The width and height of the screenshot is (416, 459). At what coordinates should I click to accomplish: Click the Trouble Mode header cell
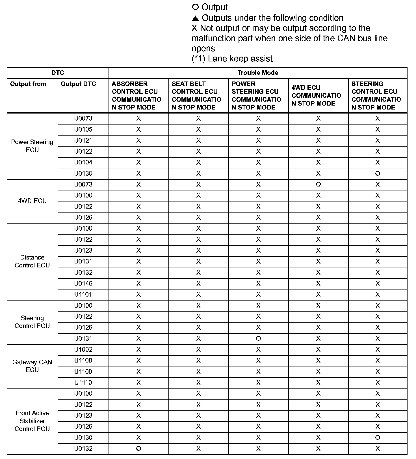point(258,73)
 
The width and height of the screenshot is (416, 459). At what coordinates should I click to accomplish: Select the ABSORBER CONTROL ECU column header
point(136,95)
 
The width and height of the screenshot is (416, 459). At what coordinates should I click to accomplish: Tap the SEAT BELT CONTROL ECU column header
point(196,95)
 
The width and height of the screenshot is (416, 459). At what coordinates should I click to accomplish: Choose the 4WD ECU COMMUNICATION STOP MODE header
point(316,95)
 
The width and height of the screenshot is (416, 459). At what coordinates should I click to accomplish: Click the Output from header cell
point(28,84)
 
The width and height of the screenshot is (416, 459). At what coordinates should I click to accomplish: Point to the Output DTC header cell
point(78,84)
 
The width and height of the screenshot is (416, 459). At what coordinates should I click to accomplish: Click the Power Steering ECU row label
point(32,146)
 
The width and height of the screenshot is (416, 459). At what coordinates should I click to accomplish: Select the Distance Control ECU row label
point(32,261)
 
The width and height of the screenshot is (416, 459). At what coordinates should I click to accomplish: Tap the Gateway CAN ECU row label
point(32,366)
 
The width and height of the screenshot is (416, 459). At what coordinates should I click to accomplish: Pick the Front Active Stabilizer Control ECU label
point(32,421)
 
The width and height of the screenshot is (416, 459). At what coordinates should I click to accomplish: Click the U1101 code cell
point(83,294)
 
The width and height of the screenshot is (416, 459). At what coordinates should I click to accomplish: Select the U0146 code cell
point(83,283)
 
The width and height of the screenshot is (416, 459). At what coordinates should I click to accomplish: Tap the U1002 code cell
point(83,349)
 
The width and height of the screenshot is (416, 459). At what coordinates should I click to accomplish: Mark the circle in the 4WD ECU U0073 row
point(318,185)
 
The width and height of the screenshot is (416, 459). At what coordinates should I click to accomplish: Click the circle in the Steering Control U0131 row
point(258,338)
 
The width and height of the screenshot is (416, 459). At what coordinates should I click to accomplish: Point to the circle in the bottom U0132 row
point(138,449)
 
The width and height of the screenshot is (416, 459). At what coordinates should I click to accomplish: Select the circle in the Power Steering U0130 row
point(378,173)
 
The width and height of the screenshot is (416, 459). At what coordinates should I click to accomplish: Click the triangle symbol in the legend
point(195,18)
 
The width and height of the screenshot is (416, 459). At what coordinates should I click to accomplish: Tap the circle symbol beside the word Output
point(195,7)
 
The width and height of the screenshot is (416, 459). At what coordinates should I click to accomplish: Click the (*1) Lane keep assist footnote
point(232,59)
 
